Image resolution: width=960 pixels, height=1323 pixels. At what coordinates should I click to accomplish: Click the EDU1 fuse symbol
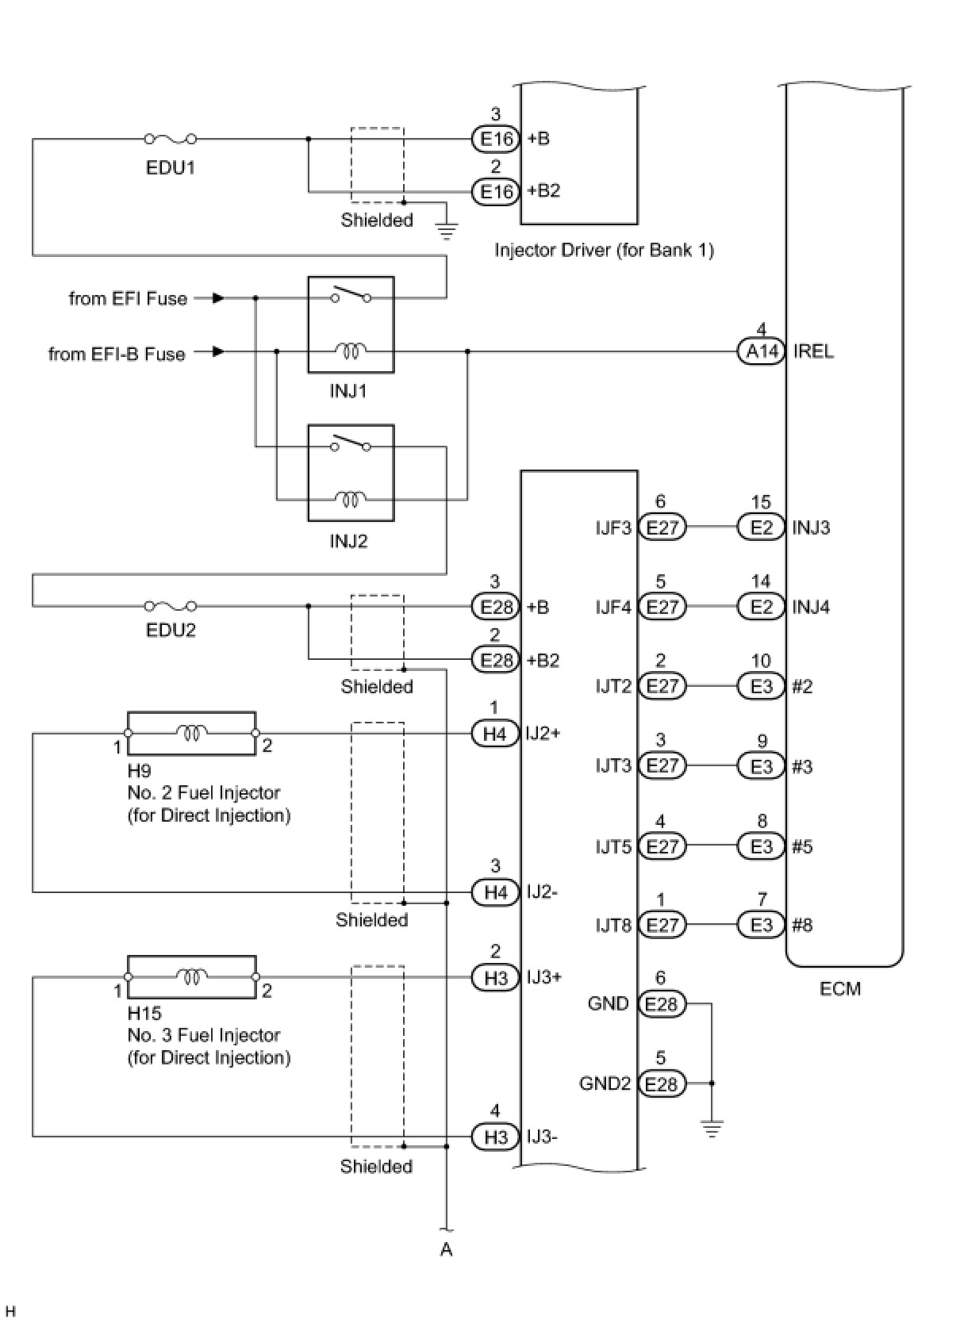[x=170, y=139]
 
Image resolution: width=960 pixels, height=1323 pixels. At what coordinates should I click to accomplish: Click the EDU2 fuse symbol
[x=170, y=606]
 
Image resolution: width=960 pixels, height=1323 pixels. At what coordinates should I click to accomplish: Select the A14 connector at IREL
[x=762, y=351]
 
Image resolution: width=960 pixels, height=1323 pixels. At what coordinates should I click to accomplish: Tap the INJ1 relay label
[x=348, y=390]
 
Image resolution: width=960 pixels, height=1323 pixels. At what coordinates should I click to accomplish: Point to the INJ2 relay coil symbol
[x=351, y=500]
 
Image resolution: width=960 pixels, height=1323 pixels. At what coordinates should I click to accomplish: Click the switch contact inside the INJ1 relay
[x=351, y=293]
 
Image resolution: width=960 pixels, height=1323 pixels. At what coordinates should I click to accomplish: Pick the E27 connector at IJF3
[x=662, y=527]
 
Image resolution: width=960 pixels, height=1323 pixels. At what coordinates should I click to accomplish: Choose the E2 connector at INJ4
[x=762, y=607]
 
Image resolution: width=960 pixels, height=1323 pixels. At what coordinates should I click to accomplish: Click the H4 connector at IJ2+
[x=495, y=734]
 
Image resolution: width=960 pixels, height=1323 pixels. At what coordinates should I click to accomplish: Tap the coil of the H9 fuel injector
[x=191, y=733]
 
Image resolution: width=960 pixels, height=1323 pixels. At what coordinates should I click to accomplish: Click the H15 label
[x=144, y=1014]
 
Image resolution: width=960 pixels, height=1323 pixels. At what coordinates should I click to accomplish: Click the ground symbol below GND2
[x=712, y=1129]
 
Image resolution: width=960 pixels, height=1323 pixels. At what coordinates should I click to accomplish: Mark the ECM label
[x=840, y=989]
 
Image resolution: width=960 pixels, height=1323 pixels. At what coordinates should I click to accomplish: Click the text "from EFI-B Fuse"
[x=117, y=354]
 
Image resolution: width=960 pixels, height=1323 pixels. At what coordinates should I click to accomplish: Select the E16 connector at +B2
[x=495, y=191]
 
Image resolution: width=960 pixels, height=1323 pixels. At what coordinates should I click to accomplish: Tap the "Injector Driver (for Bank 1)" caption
[x=605, y=251]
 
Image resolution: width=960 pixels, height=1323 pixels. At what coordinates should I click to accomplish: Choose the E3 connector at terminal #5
[x=762, y=846]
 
